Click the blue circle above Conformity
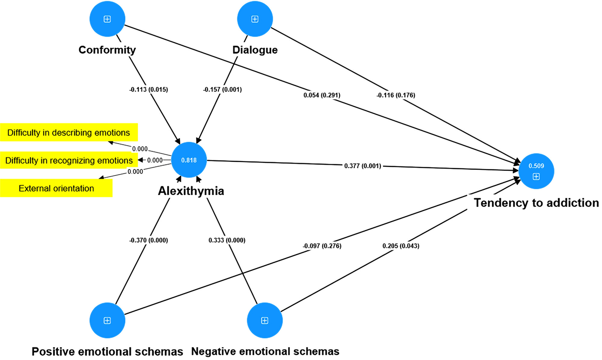click(x=107, y=19)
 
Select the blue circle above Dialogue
click(x=255, y=19)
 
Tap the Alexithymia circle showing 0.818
click(x=189, y=160)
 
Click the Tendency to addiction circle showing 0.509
click(x=536, y=171)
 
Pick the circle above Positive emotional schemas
click(x=107, y=320)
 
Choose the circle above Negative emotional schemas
click(x=265, y=320)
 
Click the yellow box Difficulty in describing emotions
click(x=69, y=132)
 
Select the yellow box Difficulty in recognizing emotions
click(x=69, y=160)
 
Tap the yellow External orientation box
click(x=56, y=188)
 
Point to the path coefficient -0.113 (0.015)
click(x=149, y=89)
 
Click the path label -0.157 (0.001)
click(x=222, y=89)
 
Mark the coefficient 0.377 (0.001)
click(x=363, y=166)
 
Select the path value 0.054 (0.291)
click(x=322, y=95)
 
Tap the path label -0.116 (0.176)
click(x=396, y=95)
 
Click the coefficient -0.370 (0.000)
click(x=149, y=240)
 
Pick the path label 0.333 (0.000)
click(x=227, y=240)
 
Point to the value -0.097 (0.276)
click(x=322, y=246)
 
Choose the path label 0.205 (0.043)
click(x=401, y=246)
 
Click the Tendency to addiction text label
click(x=536, y=203)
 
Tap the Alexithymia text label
click(x=191, y=191)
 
